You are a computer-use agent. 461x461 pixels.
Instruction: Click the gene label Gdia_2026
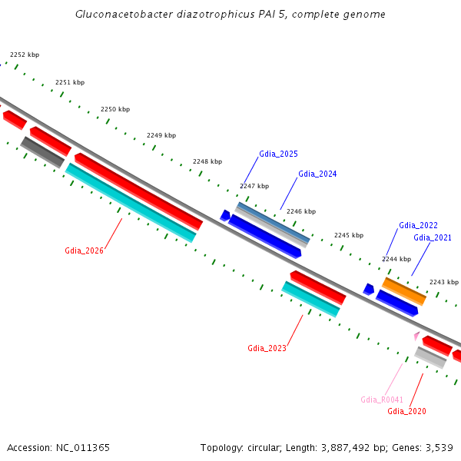click(x=84, y=250)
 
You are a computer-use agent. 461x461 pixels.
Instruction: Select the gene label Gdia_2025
click(x=278, y=154)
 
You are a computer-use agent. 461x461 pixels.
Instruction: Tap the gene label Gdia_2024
click(x=317, y=174)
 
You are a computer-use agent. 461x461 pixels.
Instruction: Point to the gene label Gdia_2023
click(x=267, y=348)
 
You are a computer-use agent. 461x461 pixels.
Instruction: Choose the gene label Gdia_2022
click(x=418, y=225)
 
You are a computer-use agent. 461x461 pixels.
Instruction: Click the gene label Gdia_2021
click(x=433, y=237)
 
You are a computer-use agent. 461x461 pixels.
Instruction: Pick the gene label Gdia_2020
click(x=406, y=411)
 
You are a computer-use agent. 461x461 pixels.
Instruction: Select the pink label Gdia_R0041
click(x=382, y=400)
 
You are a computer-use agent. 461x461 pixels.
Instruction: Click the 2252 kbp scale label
click(x=25, y=55)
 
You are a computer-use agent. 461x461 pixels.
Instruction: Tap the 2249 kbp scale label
click(x=161, y=135)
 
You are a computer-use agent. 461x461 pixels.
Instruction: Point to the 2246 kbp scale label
click(x=301, y=211)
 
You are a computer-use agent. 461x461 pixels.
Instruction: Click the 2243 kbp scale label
click(x=444, y=282)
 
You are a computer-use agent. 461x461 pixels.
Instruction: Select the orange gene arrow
click(x=404, y=291)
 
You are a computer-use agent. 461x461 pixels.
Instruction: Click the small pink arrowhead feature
click(x=416, y=335)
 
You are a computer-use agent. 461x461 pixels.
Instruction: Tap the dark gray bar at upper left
click(x=42, y=151)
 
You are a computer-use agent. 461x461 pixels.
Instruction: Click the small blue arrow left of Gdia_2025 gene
click(x=225, y=215)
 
